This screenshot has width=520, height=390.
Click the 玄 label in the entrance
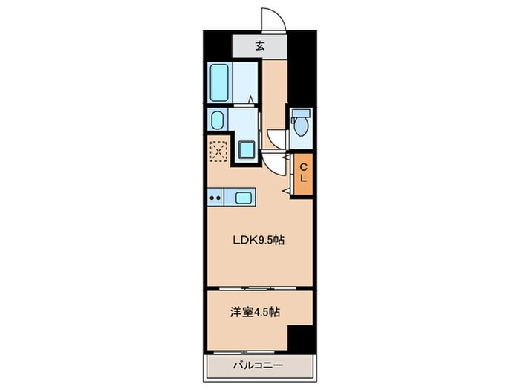pos(260,46)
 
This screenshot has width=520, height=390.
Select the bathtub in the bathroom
pos(221,84)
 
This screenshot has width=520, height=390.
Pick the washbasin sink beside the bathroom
pos(218,120)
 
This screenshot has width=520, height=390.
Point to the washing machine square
pos(246,150)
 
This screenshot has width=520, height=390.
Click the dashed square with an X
pos(219,151)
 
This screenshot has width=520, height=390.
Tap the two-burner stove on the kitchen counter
pos(216,198)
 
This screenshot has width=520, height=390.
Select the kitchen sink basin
pos(243,198)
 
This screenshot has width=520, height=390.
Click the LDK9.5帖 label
pos(259,240)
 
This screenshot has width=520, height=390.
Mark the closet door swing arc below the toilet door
pos(278,164)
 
